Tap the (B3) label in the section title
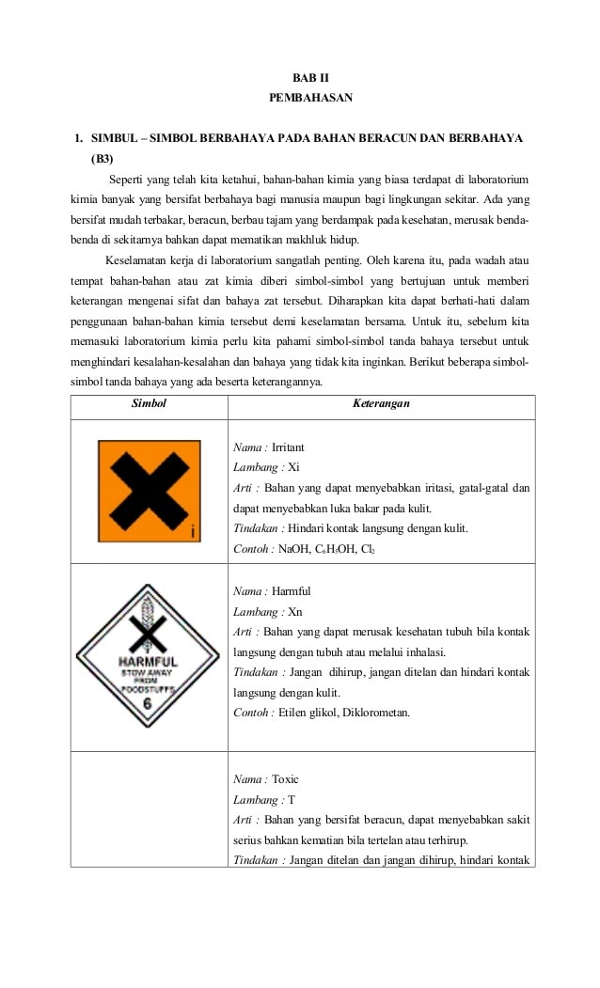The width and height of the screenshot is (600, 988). click(102, 158)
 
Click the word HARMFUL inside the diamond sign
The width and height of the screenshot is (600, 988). click(148, 661)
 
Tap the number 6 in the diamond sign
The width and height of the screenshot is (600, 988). click(147, 703)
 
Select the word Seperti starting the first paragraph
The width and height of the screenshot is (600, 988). click(129, 179)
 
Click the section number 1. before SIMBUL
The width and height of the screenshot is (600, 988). click(80, 138)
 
